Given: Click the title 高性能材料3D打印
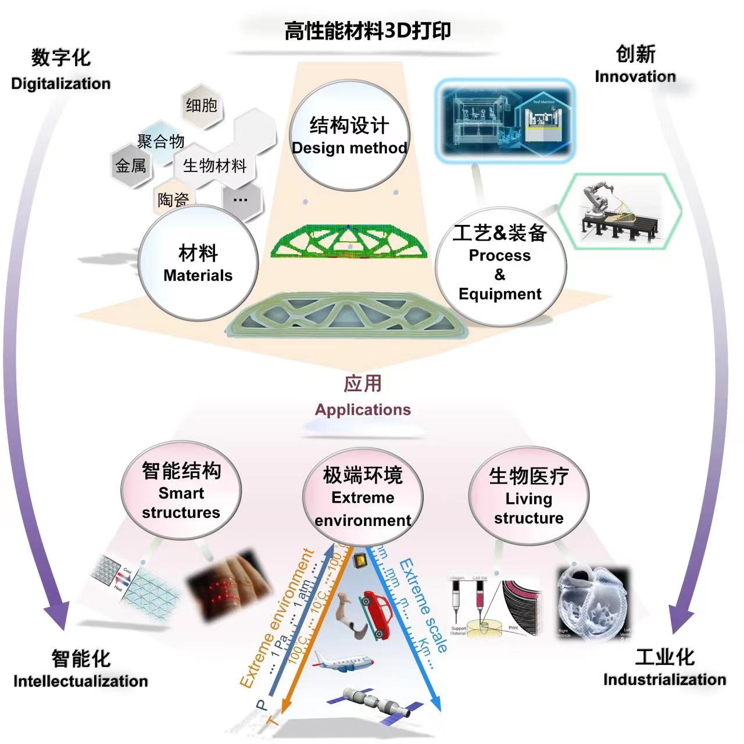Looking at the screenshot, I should point(367,31).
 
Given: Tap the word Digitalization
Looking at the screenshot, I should point(60,84).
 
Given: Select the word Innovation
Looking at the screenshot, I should point(635,77).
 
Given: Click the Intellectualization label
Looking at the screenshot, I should point(81,681).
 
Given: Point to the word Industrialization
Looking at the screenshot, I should point(664,679).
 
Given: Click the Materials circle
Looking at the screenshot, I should point(198,263).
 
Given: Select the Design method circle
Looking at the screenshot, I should point(349,136).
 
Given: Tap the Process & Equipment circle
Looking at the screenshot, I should point(500,264).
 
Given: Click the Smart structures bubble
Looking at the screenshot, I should point(181,491).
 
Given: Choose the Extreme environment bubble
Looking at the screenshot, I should point(363,496).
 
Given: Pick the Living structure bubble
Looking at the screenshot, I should point(528,496).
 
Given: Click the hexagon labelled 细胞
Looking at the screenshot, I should point(201,106).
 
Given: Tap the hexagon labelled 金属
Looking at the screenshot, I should point(131,166).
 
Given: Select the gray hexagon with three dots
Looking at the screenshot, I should point(240,200).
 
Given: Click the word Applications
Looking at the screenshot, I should point(363,410).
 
